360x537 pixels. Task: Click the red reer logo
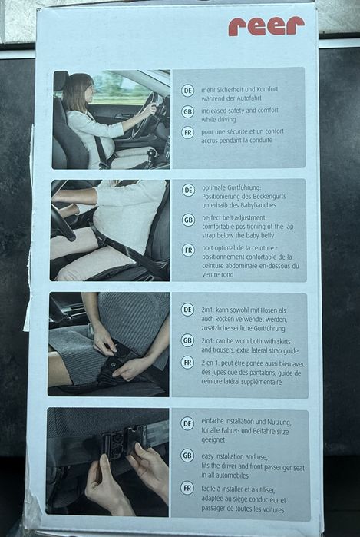pyautogui.click(x=266, y=26)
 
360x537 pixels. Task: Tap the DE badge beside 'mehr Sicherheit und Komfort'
pyautogui.click(x=187, y=91)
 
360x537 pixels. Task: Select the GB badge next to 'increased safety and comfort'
pyautogui.click(x=187, y=111)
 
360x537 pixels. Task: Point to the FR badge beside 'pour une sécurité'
pyautogui.click(x=187, y=133)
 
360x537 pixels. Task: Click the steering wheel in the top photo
pyautogui.click(x=148, y=114)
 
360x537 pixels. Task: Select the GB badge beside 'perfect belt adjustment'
pyautogui.click(x=188, y=220)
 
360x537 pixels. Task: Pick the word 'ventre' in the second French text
pyautogui.click(x=210, y=275)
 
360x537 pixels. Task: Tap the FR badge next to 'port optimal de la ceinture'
pyautogui.click(x=188, y=250)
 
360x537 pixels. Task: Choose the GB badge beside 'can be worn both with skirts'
pyautogui.click(x=187, y=340)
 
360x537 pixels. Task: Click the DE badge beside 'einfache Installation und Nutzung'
pyautogui.click(x=187, y=423)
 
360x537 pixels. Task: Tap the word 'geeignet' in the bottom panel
pyautogui.click(x=213, y=440)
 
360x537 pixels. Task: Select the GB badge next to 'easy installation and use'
pyautogui.click(x=187, y=456)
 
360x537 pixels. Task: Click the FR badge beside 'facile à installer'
pyautogui.click(x=187, y=488)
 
